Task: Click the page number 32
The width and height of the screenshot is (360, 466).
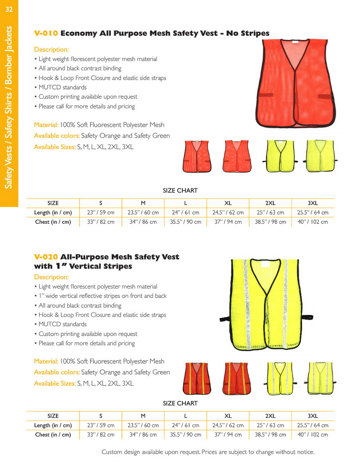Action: [9, 10]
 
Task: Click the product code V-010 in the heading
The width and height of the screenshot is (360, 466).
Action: [46, 33]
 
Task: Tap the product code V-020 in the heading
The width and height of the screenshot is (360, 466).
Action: [46, 257]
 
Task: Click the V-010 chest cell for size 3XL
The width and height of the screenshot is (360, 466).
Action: [312, 222]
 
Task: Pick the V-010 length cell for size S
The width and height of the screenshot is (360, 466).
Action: [101, 213]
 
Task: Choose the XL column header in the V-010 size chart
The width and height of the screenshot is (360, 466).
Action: [228, 203]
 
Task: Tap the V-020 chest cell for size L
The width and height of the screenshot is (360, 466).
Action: [186, 435]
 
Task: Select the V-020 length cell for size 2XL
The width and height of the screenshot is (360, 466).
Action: [270, 425]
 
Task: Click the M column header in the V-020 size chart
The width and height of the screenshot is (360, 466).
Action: [143, 416]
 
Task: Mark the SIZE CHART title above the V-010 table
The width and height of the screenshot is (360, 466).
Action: [180, 191]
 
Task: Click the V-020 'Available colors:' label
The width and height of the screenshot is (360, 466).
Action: [57, 372]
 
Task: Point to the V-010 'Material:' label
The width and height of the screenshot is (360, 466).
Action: [46, 125]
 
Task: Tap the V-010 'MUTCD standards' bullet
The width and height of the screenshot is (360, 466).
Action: [62, 87]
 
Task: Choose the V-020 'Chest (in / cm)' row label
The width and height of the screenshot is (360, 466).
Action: [53, 435]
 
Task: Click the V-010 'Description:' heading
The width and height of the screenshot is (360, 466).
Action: [51, 50]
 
